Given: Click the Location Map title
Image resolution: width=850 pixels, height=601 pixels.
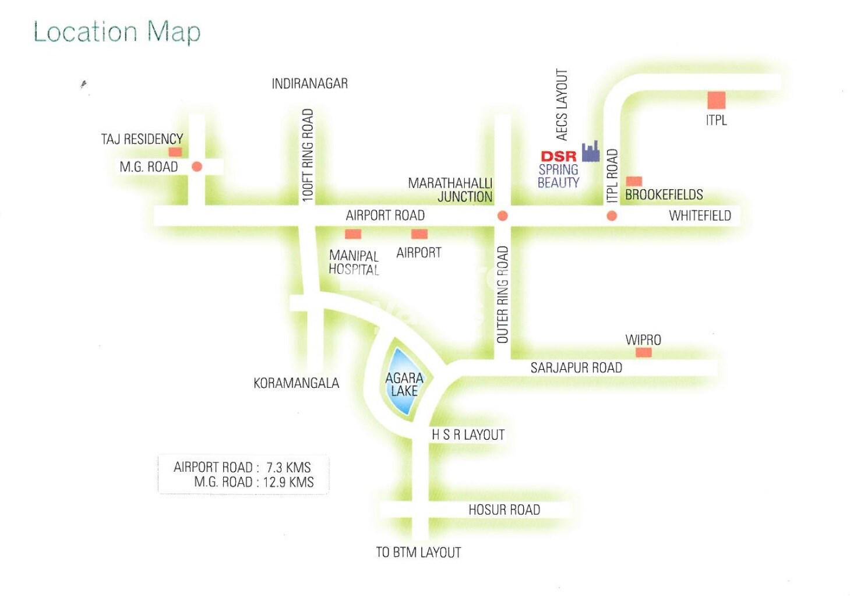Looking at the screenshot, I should click(x=117, y=32).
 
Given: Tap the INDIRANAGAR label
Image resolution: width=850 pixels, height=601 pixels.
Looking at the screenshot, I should click(x=309, y=84).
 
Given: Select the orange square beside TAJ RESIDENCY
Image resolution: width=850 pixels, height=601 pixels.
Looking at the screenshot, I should click(x=175, y=152).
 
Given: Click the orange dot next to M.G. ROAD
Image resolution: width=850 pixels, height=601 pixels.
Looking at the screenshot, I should click(x=197, y=167).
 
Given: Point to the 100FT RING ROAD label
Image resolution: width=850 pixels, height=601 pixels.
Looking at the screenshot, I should click(x=308, y=155).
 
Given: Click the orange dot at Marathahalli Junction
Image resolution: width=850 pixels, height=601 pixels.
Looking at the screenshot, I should click(x=502, y=216).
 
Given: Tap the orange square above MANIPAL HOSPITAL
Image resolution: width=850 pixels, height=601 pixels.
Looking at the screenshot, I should click(x=353, y=234).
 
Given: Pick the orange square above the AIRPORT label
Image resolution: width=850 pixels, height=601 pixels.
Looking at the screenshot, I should click(x=419, y=234).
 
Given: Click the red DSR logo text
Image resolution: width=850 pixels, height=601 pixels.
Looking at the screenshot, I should click(x=558, y=156).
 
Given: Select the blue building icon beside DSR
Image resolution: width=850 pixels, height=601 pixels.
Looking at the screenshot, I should click(x=591, y=151).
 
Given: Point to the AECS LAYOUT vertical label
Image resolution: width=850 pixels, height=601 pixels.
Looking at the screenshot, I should click(x=562, y=105).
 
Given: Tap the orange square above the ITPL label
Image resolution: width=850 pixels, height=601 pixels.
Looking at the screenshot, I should click(x=716, y=100).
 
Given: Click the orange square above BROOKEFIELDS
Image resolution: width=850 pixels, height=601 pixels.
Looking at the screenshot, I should click(x=634, y=181).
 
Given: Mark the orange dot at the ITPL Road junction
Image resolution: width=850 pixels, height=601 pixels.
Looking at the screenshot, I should click(x=612, y=216).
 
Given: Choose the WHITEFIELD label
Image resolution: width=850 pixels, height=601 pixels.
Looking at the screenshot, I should click(x=700, y=216).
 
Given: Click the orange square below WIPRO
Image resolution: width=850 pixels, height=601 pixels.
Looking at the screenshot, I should click(x=643, y=352).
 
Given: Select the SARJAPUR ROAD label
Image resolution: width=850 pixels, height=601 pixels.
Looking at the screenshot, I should click(x=576, y=368).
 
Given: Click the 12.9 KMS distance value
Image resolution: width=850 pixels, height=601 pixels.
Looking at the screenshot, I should click(x=288, y=482).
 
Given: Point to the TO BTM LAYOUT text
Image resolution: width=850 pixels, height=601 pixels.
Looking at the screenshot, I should click(x=418, y=553).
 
